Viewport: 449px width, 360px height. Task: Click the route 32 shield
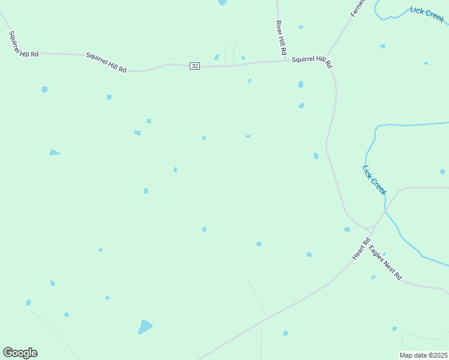point(194,65)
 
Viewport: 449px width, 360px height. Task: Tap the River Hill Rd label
point(280,38)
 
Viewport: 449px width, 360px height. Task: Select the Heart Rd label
point(359,250)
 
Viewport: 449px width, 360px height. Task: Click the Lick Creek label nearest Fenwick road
point(427,14)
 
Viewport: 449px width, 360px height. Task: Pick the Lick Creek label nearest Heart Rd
point(375,179)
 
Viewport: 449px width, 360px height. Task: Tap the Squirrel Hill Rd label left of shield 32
point(106,62)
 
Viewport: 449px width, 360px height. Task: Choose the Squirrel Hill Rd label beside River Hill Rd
point(312,62)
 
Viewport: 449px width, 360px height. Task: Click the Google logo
point(20,353)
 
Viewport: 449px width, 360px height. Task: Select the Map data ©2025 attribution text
point(423,355)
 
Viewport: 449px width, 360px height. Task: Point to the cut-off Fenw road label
point(357,7)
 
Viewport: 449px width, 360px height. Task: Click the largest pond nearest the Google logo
point(145,327)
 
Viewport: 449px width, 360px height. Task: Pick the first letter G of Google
point(7,353)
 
